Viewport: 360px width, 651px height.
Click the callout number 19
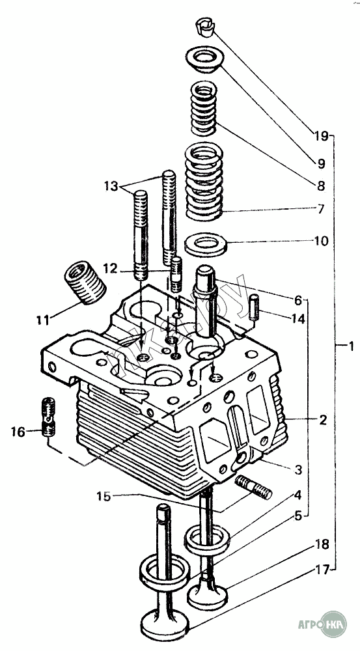click(x=321, y=136)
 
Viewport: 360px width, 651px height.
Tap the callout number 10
click(x=321, y=241)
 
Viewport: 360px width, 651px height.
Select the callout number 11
click(x=42, y=320)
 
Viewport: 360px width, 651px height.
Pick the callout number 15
click(x=104, y=496)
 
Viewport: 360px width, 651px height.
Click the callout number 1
click(x=351, y=346)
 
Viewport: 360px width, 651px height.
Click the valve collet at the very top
click(x=204, y=27)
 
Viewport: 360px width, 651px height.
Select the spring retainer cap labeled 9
click(x=206, y=60)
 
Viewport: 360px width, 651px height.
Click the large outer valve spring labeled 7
click(x=204, y=182)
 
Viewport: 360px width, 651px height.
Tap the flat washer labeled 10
click(x=206, y=245)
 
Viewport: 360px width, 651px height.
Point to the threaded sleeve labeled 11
click(x=85, y=283)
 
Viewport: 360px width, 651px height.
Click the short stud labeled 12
click(x=176, y=274)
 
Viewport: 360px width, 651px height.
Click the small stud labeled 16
click(x=49, y=417)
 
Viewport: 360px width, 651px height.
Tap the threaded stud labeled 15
click(x=253, y=488)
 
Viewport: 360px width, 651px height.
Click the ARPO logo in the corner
click(x=322, y=624)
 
